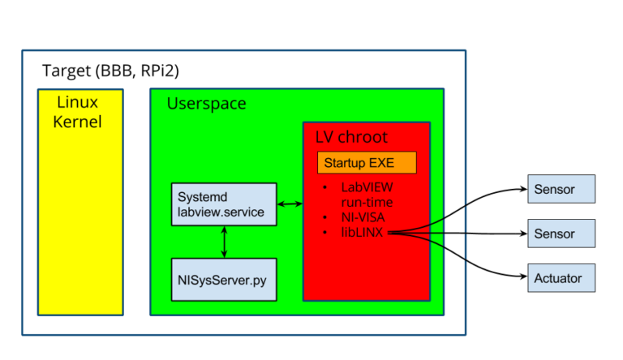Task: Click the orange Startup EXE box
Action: click(x=366, y=162)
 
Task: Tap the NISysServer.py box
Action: click(x=224, y=280)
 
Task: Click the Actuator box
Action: click(x=561, y=278)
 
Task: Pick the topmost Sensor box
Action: click(x=561, y=189)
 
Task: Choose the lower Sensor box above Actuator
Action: click(x=561, y=234)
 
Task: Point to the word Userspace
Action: click(x=206, y=104)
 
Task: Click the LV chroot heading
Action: click(x=351, y=137)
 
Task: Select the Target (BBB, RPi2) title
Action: click(x=110, y=71)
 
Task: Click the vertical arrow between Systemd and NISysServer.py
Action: click(x=224, y=242)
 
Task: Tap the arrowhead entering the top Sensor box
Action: click(x=522, y=190)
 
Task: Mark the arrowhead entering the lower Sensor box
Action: click(x=522, y=234)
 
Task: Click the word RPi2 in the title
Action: click(x=161, y=71)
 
